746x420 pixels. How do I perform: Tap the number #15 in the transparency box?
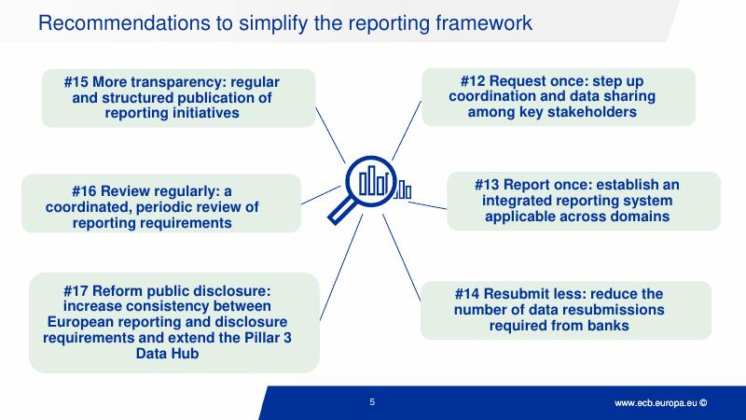point(76,82)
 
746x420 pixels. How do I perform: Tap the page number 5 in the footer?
point(372,403)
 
